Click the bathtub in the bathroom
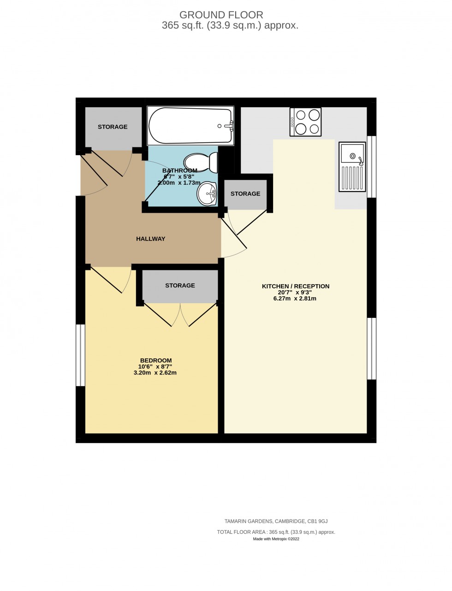point(190,125)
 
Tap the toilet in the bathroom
point(202,162)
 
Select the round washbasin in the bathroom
point(207,193)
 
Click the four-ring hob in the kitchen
point(305,122)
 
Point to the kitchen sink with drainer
point(352,166)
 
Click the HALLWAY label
point(150,239)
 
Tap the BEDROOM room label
point(156,360)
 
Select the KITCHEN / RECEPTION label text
point(296,286)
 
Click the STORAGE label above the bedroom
point(180,285)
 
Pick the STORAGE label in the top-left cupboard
point(113,127)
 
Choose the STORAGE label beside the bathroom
point(245,193)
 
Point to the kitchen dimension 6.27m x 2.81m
point(295,298)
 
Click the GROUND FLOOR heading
point(221,15)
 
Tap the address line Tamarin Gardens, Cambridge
point(276,521)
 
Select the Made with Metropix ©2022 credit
point(276,538)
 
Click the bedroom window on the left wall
point(81,355)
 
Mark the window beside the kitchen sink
point(371,166)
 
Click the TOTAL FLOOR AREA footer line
point(276,532)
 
